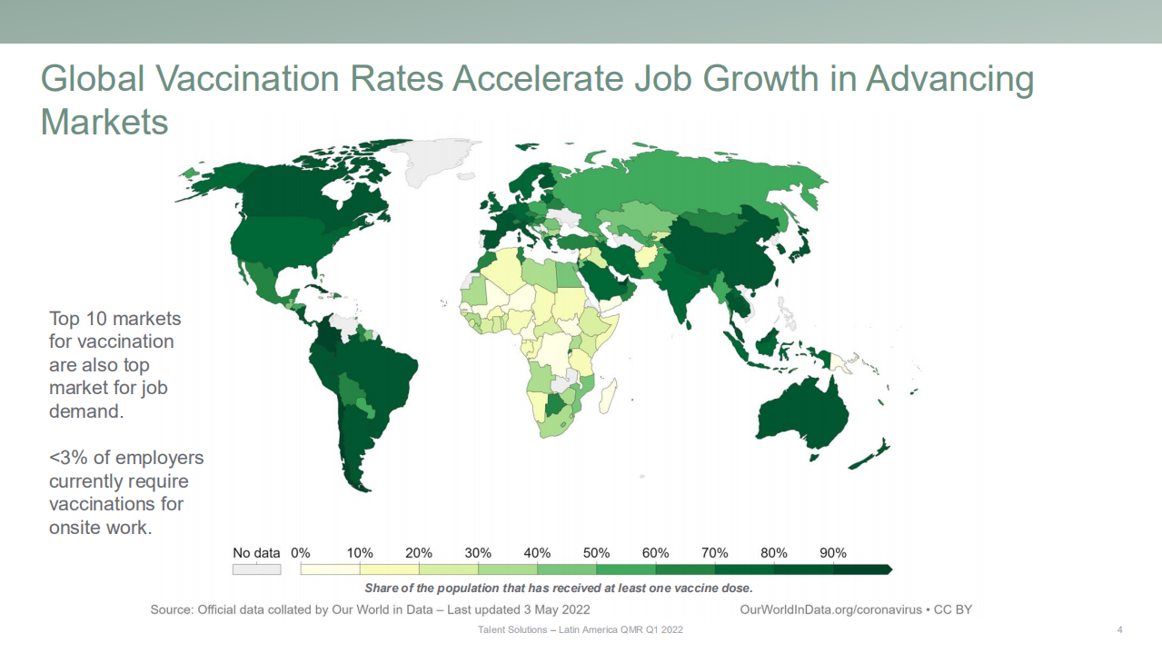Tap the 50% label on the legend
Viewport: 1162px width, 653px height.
click(596, 553)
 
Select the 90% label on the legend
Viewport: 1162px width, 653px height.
click(832, 553)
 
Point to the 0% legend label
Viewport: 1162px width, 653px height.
click(301, 553)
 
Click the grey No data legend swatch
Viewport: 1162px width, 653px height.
click(256, 569)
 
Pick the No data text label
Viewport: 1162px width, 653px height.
click(256, 553)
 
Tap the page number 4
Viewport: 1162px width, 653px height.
click(1119, 629)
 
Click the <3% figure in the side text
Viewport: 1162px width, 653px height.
click(66, 457)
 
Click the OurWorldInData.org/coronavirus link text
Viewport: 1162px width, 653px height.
click(831, 609)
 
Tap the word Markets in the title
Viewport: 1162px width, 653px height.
click(104, 122)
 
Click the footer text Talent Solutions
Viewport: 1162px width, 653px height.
click(511, 629)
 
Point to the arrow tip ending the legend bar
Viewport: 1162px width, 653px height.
click(891, 569)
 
